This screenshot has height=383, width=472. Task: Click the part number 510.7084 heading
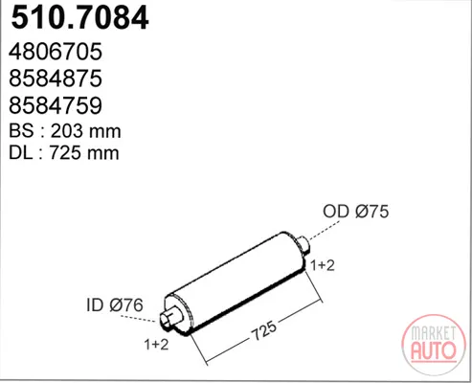pos(79,18)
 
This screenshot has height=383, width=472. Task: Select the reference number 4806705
pos(56,52)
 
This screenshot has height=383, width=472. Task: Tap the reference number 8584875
pos(56,79)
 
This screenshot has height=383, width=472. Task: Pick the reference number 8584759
pos(56,105)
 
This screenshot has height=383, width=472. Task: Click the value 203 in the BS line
pos(67,131)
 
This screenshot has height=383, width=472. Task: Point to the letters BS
pos(21,131)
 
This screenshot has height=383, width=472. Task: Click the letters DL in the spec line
pos(21,153)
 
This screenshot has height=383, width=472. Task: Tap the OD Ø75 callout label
pos(356,212)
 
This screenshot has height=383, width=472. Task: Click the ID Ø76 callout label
pos(115,305)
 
